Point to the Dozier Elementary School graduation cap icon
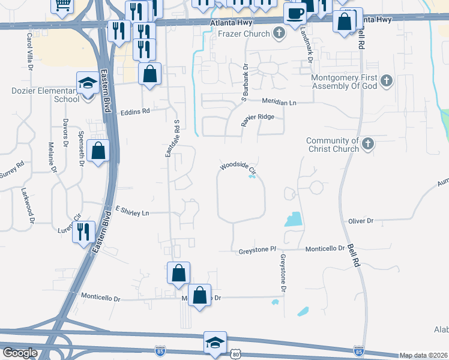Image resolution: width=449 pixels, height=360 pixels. click(x=88, y=83)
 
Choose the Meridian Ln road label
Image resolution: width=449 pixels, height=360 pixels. click(x=279, y=103)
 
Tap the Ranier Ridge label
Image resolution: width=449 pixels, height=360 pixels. click(x=258, y=118)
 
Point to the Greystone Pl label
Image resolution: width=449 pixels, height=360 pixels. click(x=258, y=248)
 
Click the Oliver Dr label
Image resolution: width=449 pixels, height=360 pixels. click(x=361, y=221)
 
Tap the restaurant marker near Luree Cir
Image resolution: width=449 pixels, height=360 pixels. click(x=83, y=232)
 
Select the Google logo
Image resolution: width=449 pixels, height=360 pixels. click(x=20, y=353)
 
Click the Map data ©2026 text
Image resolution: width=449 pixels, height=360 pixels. click(x=424, y=355)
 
